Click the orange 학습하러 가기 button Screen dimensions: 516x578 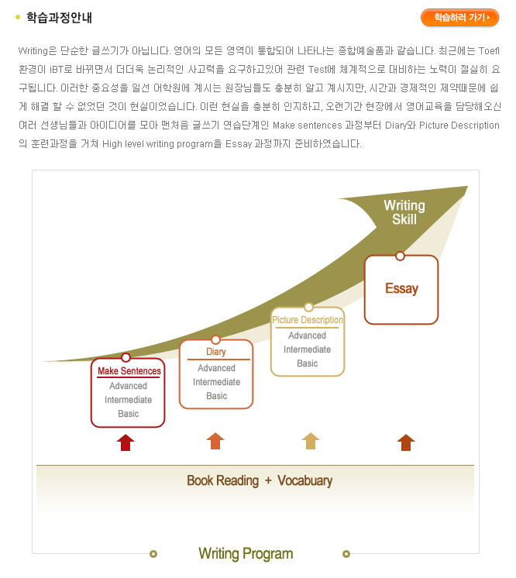pos(459,17)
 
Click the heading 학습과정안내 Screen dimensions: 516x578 pos(59,17)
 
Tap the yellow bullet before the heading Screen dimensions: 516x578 pos(18,17)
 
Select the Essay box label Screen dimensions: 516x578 pos(402,288)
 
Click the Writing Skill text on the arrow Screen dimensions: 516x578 pos(404,212)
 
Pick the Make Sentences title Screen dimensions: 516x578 pos(129,371)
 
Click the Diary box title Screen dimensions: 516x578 pos(216,352)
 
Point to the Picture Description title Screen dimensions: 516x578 pos(308,319)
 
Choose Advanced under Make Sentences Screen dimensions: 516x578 pos(129,386)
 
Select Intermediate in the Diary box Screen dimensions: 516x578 pos(217,382)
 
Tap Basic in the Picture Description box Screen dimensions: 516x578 pos(308,363)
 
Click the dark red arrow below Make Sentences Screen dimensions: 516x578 pos(126,442)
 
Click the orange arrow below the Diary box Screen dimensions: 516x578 pos(215,441)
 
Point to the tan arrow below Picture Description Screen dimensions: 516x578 pos(311,441)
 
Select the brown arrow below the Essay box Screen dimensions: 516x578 pos(406,442)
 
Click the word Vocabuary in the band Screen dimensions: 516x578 pos(304,480)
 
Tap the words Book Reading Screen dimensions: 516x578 pos(222,480)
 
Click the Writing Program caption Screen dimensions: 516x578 pos(246,554)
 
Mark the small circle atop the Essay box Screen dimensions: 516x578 pos(400,256)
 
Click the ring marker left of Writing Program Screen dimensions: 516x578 pos(153,554)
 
